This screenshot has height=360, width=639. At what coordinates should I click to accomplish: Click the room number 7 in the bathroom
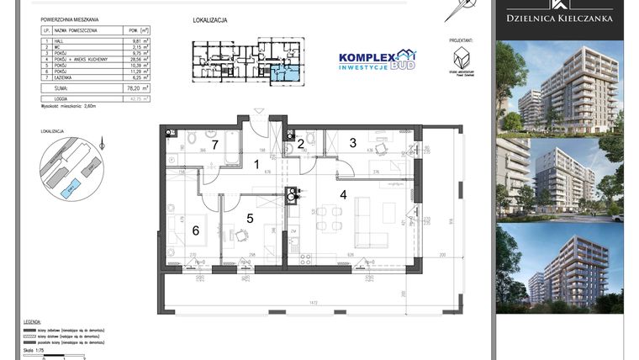click(214, 146)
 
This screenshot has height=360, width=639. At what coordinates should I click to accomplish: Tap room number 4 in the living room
click(342, 195)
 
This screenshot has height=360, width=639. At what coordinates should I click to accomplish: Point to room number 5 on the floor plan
click(249, 218)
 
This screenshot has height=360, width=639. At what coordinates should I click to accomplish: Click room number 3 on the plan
click(354, 142)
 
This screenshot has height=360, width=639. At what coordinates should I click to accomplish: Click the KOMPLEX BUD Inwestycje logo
click(377, 60)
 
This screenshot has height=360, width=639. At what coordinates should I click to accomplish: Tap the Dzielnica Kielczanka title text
click(558, 18)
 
